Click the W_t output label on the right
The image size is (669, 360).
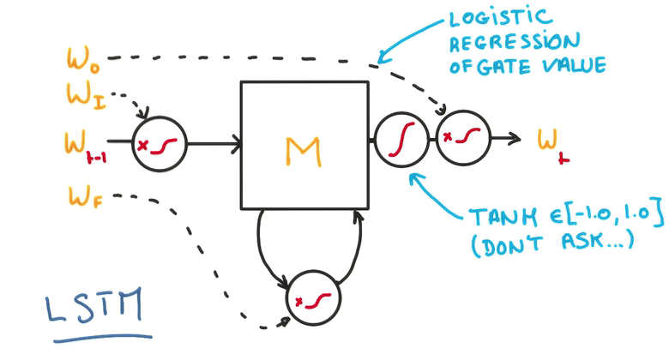(x=551, y=141)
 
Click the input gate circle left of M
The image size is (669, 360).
(x=160, y=143)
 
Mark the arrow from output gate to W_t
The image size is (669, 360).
(x=506, y=138)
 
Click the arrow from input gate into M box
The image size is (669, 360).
(x=214, y=143)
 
